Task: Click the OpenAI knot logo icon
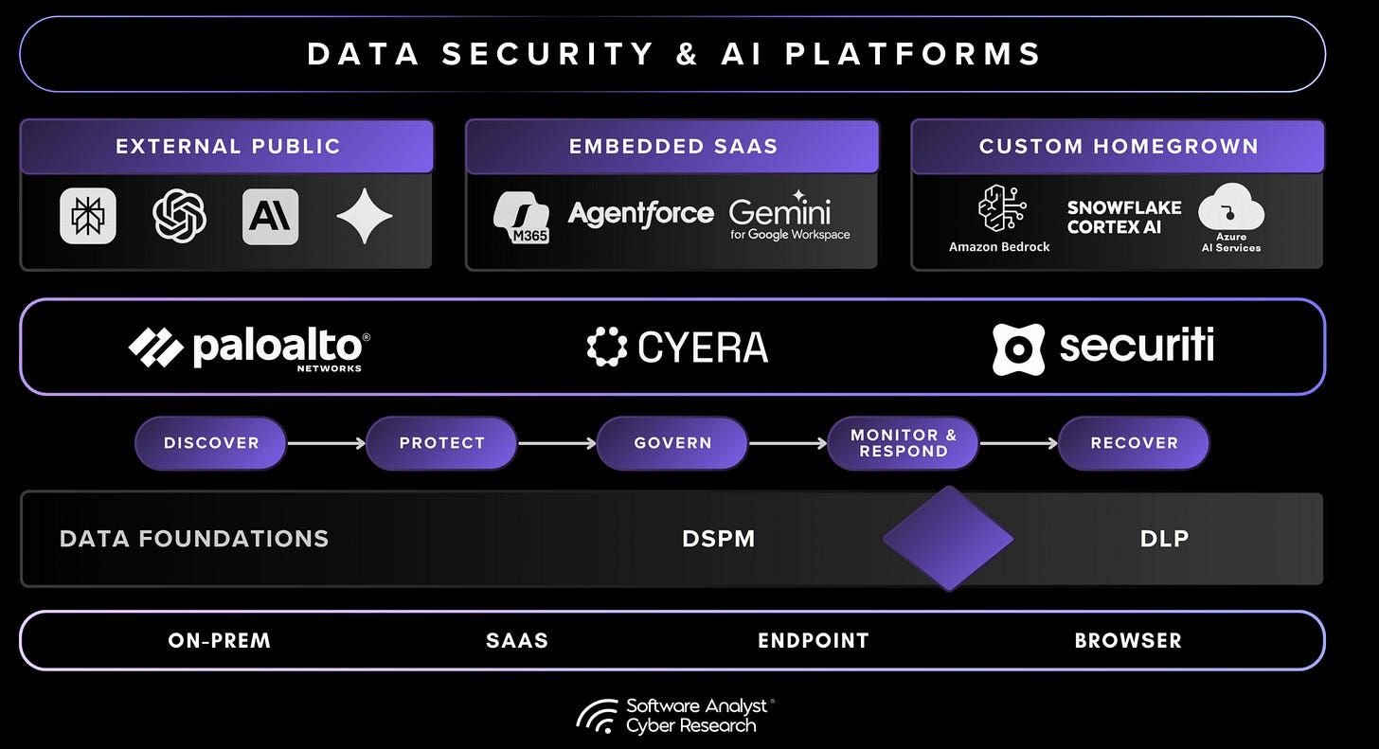coord(179,216)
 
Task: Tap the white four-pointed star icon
coord(365,216)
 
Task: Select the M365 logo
coord(522,217)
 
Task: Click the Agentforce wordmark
coord(640,213)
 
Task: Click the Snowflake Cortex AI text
coord(1124,218)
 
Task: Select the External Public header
coord(227,147)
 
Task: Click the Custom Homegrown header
coord(1119,147)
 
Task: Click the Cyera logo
coord(677,348)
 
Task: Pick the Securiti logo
coord(1103,347)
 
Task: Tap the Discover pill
coord(210,443)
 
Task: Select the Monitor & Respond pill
coord(903,443)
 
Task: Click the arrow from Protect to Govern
coord(557,443)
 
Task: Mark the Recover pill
coord(1134,443)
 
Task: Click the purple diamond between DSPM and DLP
coord(948,539)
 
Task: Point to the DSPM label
coord(719,539)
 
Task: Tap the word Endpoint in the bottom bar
coord(813,641)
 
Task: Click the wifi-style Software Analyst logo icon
coord(598,717)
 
